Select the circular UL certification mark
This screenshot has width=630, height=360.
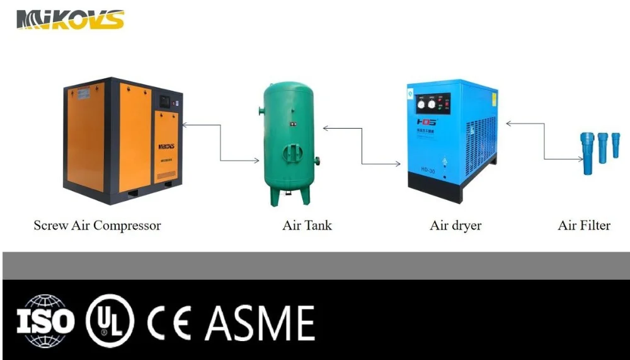pyautogui.click(x=110, y=322)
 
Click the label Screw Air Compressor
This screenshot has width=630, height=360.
pyautogui.click(x=97, y=225)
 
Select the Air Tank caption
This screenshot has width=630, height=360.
pyautogui.click(x=307, y=225)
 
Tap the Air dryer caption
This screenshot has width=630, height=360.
pyautogui.click(x=455, y=225)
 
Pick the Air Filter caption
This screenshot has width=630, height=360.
pyautogui.click(x=584, y=225)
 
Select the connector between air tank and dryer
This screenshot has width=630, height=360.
pyautogui.click(x=362, y=146)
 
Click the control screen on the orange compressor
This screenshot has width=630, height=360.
pyautogui.click(x=165, y=100)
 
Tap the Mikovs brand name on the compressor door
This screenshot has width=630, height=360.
pyautogui.click(x=166, y=146)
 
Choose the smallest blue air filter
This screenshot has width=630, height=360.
pyautogui.click(x=616, y=145)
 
